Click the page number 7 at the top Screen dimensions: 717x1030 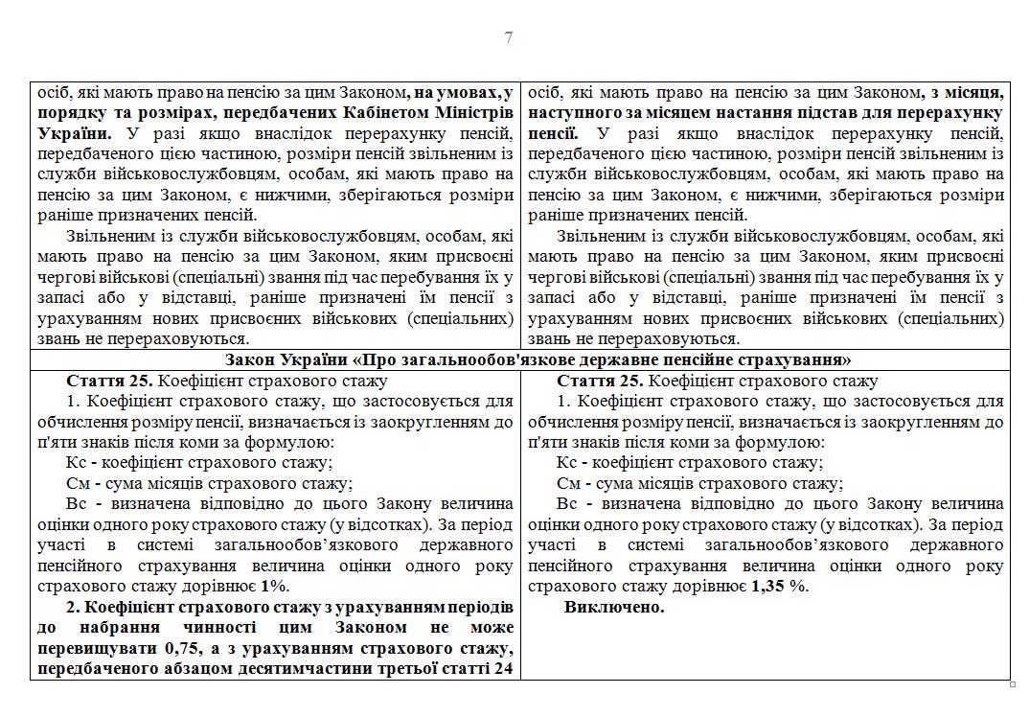(x=509, y=38)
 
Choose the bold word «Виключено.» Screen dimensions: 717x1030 (x=614, y=608)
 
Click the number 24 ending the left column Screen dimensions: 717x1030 (x=502, y=669)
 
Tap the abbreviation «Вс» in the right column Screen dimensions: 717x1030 (x=567, y=504)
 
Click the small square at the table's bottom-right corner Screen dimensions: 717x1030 (x=1013, y=685)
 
